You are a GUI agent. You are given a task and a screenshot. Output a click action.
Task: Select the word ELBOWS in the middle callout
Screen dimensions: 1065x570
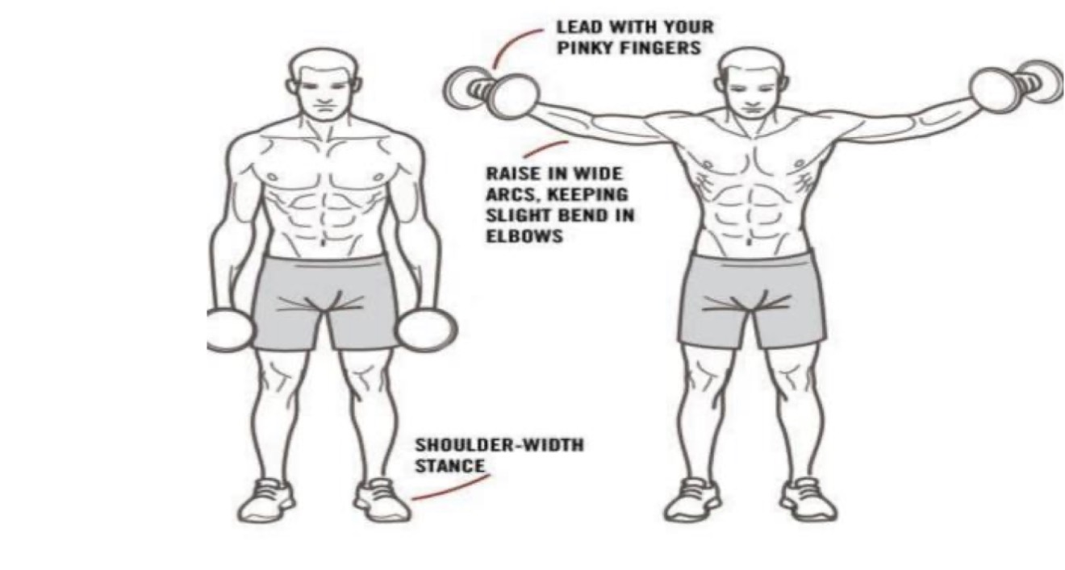pyautogui.click(x=524, y=236)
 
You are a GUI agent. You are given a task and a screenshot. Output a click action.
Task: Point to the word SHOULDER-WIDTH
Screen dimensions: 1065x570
pyautogui.click(x=499, y=445)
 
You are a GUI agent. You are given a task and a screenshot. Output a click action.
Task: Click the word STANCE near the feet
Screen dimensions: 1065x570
pyautogui.click(x=449, y=466)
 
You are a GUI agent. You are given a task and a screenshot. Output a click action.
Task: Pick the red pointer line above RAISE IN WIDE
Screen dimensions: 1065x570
pyautogui.click(x=545, y=148)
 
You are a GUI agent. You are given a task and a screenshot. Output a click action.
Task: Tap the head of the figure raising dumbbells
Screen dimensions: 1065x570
pyautogui.click(x=751, y=85)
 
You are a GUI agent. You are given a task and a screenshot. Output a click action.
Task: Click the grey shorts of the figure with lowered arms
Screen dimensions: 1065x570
pyautogui.click(x=324, y=303)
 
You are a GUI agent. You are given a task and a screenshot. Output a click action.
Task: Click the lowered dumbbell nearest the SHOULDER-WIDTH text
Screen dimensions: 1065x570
pyautogui.click(x=425, y=330)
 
